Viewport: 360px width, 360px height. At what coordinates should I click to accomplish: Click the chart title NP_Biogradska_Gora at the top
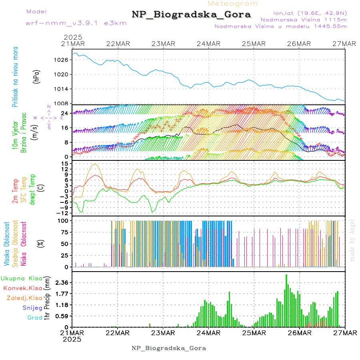click(x=191, y=15)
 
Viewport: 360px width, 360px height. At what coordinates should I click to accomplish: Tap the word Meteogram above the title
click(x=233, y=4)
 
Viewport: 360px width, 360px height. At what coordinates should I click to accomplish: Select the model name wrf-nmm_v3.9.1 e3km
click(x=65, y=23)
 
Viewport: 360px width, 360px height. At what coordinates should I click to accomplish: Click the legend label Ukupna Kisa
click(x=22, y=278)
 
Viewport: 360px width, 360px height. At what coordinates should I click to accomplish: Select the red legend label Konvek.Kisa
click(x=22, y=288)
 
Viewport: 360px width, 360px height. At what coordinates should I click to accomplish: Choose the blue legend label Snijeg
click(x=32, y=308)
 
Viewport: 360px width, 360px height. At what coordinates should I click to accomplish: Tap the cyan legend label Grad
click(x=35, y=318)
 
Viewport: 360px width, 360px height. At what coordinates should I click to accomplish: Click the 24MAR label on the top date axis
click(x=208, y=44)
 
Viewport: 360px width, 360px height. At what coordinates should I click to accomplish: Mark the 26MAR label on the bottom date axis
click(x=299, y=333)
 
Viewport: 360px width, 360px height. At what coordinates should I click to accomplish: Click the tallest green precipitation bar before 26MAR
click(x=286, y=300)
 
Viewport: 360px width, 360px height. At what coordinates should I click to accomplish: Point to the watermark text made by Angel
click(x=352, y=240)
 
